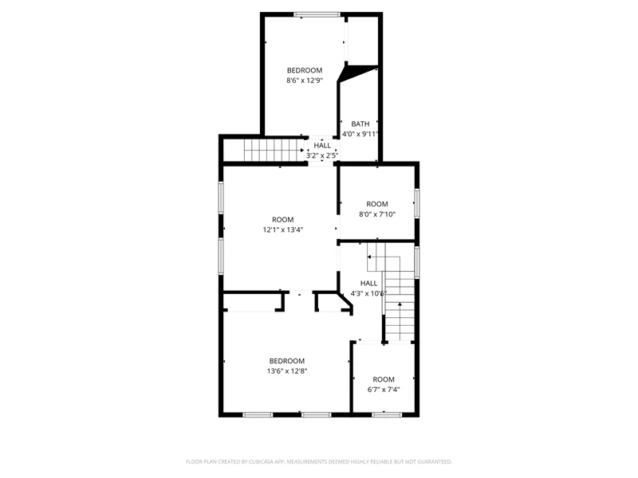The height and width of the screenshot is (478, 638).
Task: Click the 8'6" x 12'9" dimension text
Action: [305, 80]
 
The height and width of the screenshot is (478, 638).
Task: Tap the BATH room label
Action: [360, 124]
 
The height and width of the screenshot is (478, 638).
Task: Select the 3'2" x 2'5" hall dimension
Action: [322, 155]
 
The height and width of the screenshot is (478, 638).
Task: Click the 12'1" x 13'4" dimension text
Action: [283, 229]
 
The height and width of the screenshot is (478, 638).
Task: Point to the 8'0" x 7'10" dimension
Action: [377, 214]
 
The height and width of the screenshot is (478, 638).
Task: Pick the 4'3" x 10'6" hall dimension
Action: [368, 293]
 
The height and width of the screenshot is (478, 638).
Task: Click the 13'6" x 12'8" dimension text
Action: [287, 371]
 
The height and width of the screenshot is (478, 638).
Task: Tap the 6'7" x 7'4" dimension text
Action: [384, 390]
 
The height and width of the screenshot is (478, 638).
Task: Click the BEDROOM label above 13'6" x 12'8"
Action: [287, 361]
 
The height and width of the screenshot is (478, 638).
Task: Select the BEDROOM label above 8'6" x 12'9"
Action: [305, 70]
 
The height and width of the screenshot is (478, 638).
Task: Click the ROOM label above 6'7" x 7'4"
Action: [384, 380]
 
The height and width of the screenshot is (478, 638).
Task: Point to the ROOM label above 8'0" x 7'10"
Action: [377, 204]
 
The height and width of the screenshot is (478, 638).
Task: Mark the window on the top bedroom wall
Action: [317, 14]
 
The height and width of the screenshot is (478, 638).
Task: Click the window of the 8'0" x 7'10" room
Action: [417, 203]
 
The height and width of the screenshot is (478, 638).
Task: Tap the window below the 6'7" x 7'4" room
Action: [387, 414]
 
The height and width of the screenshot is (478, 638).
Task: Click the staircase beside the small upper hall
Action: [274, 151]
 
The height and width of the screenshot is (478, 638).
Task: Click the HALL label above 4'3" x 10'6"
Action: [368, 284]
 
